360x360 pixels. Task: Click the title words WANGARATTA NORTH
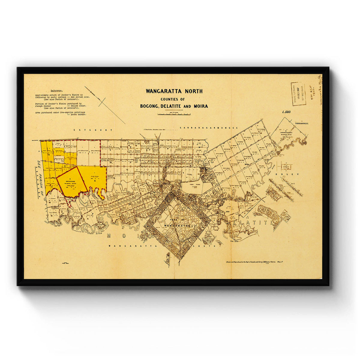pyautogui.click(x=174, y=91)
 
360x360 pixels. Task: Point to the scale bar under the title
pyautogui.click(x=174, y=114)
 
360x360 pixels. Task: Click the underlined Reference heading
pyautogui.click(x=57, y=90)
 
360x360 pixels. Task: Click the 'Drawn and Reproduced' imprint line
pyautogui.click(x=255, y=262)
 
